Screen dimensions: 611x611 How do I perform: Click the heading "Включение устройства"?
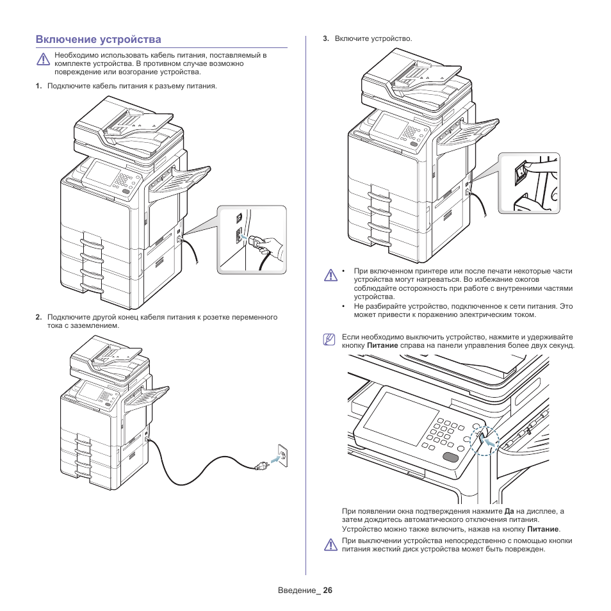99,40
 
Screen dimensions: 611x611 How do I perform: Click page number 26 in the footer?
328,591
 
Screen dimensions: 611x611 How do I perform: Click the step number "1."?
39,86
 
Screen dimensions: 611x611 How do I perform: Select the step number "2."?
39,317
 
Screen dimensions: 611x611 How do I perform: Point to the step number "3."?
326,39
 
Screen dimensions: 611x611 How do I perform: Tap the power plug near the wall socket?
262,465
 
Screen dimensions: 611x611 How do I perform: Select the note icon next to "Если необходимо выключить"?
329,340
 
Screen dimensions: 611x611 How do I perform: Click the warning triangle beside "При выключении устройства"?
330,545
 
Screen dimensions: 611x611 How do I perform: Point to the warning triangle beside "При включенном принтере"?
330,275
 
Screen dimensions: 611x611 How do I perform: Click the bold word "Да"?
509,512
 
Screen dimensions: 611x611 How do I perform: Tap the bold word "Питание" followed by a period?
542,530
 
